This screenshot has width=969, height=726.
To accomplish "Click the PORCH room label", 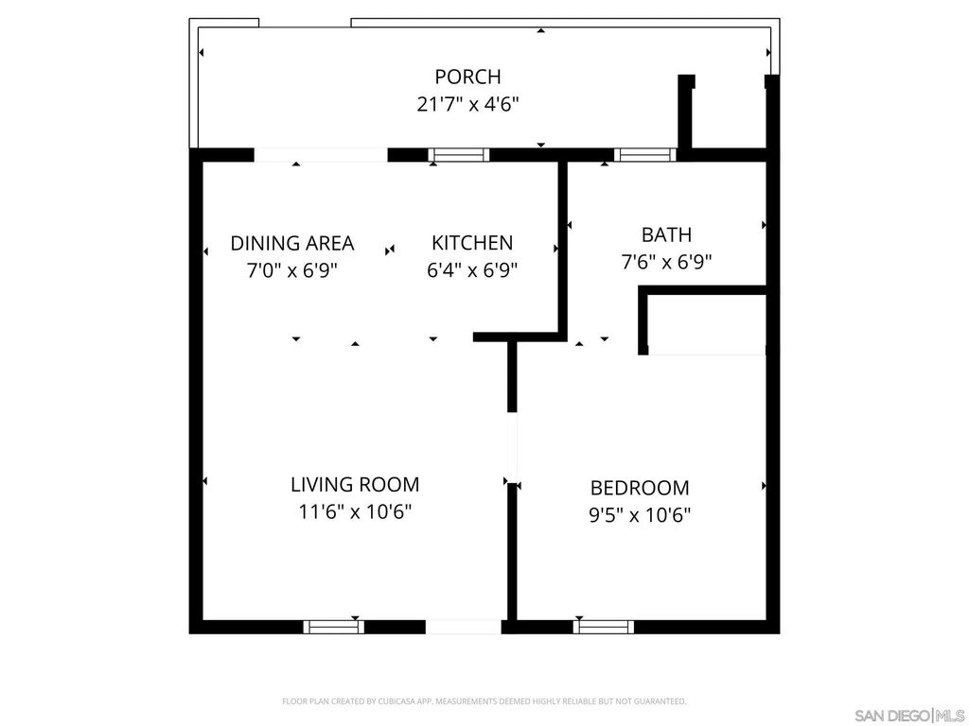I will (467, 77).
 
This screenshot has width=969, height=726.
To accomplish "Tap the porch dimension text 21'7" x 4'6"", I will (467, 104).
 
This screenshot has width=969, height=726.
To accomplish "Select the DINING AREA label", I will (292, 243).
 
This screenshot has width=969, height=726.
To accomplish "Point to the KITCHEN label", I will (472, 243).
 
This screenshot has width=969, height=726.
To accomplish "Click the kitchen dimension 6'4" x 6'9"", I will (472, 269).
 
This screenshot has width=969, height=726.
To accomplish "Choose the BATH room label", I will (666, 234).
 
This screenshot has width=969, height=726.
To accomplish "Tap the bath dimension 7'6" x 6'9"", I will (666, 262).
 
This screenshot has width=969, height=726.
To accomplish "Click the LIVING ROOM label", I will (355, 485).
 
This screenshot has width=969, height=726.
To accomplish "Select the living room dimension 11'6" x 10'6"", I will (355, 512).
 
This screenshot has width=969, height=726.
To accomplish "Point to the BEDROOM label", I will (640, 488).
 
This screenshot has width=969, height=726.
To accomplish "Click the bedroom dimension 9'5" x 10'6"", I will (640, 515).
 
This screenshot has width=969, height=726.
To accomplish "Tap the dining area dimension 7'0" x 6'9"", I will (292, 269).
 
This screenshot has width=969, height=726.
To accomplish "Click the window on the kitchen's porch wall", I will (459, 155).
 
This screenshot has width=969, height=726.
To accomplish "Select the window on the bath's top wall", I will (644, 155).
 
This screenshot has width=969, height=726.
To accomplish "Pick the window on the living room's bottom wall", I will (333, 626).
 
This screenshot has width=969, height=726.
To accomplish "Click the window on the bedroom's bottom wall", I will (604, 626).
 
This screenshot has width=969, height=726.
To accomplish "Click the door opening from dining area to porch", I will (321, 155).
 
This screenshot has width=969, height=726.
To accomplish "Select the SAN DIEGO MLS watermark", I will (908, 714).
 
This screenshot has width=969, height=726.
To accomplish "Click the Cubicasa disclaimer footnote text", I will (484, 701).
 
